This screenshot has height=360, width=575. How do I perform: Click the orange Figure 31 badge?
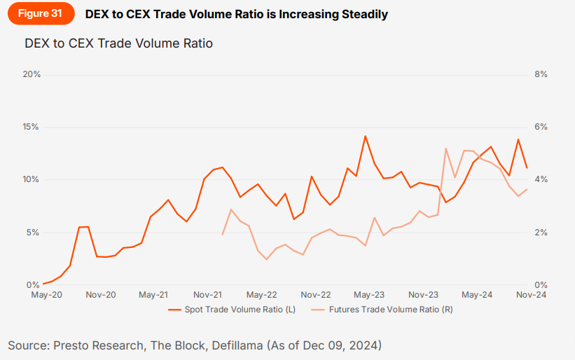coord(39,14)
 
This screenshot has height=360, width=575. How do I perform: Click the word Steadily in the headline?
coord(361,14)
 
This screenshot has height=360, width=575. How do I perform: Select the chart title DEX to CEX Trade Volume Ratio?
coord(118,43)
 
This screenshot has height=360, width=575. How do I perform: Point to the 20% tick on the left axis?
coord(32,74)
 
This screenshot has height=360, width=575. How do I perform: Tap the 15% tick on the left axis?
coord(32,127)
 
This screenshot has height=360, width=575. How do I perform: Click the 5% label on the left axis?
coord(34,233)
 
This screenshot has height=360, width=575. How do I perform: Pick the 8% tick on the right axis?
coord(541,74)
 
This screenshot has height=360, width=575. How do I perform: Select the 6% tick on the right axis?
coord(541,127)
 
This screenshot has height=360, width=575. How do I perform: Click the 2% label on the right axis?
coord(541,233)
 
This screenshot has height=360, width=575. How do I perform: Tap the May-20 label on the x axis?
coord(47,296)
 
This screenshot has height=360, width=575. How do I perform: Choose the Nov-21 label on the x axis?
coord(208,296)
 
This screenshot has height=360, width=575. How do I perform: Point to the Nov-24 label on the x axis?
coord(530,296)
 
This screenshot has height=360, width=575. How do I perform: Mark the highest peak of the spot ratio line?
coord(365,136)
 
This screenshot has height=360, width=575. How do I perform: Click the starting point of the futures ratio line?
coord(223,234)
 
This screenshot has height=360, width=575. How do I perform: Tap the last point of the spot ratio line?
coord(527,168)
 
